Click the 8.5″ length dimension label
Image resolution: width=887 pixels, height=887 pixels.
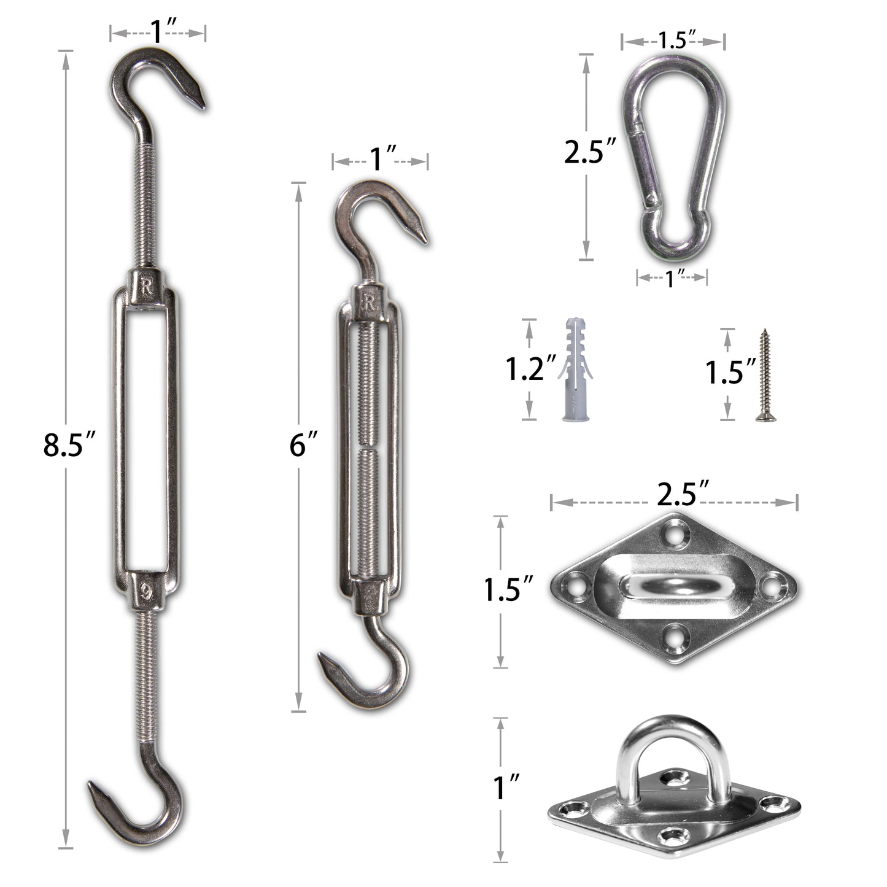coord(69,444)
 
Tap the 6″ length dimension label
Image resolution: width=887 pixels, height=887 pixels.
coord(303,444)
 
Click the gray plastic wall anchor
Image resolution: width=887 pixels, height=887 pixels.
coord(575,368)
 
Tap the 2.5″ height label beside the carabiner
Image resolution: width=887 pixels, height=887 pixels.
coord(590,152)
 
